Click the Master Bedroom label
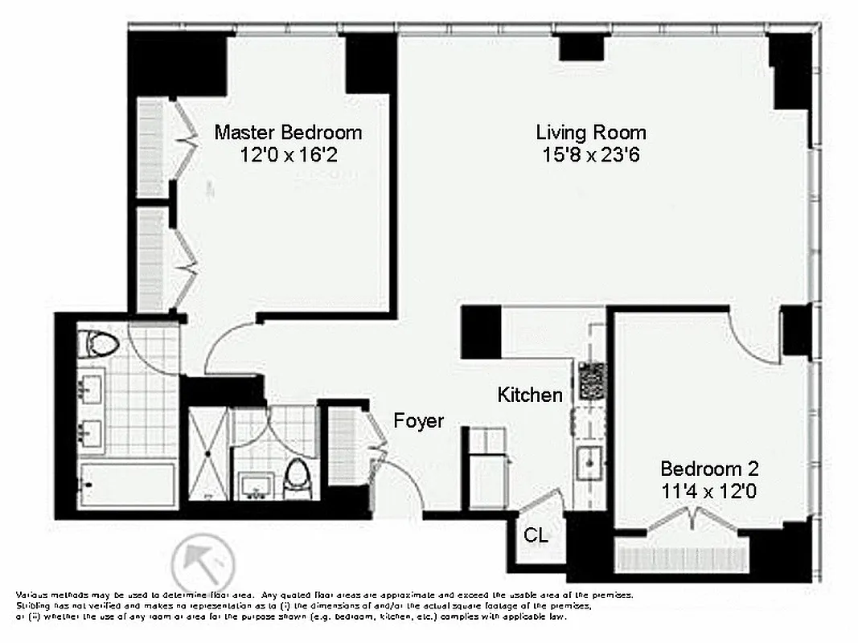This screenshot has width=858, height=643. coord(288,132)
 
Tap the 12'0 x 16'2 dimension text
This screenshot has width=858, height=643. coord(288,155)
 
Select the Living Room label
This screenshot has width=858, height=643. coord(591,132)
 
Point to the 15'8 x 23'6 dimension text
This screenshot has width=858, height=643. coord(591,155)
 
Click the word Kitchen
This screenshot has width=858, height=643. coord(529,395)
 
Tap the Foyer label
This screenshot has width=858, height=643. coord(418,420)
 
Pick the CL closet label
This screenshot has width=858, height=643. coord(536,535)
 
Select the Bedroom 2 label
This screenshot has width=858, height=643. coord(709,469)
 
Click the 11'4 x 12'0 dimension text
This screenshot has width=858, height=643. coord(709,492)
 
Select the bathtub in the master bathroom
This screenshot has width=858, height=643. coord(129,485)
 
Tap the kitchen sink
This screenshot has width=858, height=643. coord(591,461)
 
